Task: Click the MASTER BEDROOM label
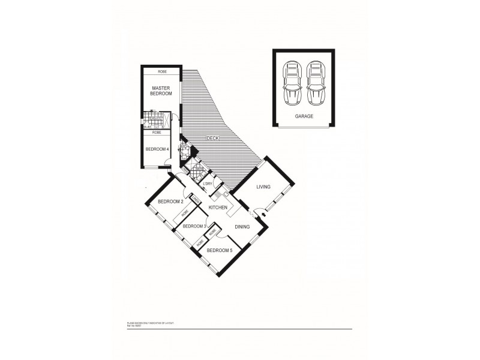click(161, 91)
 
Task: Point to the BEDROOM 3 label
click(194, 226)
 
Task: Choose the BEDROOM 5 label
click(218, 250)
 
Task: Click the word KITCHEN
click(217, 208)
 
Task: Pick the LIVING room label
click(264, 187)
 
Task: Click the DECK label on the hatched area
click(214, 139)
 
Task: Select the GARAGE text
click(304, 116)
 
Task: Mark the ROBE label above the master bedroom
click(162, 72)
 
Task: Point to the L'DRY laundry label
click(208, 184)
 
